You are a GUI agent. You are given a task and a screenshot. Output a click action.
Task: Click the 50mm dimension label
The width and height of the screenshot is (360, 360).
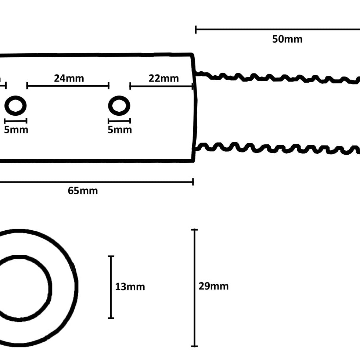[x=287, y=39]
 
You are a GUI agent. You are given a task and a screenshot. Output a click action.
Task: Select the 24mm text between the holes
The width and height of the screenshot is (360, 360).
[x=69, y=78]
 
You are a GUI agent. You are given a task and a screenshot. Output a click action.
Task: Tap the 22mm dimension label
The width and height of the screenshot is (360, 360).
[x=163, y=78]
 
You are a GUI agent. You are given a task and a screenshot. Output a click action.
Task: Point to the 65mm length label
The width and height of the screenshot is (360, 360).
[x=83, y=191]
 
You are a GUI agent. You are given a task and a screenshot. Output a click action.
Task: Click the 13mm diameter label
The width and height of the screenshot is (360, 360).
[x=130, y=287]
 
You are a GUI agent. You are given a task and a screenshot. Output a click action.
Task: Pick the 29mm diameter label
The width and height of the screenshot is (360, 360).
[x=213, y=286]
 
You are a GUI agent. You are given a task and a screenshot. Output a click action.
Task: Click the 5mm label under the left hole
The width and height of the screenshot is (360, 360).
[x=16, y=130]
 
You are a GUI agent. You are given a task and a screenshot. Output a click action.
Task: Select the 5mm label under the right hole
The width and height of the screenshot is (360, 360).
[x=119, y=130]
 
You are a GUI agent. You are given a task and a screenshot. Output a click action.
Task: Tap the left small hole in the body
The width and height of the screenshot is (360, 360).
[x=15, y=106]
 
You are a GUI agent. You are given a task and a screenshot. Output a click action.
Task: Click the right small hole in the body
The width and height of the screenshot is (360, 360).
[x=119, y=106]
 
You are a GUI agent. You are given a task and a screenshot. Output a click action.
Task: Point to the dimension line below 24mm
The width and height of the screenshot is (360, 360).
[x=68, y=86]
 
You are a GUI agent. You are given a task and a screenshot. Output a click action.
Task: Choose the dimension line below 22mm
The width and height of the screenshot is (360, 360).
[x=162, y=86]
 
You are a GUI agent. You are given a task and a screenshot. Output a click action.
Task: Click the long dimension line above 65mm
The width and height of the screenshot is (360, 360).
[x=96, y=181]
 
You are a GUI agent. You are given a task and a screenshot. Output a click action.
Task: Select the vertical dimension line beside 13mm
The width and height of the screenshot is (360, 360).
[x=111, y=287]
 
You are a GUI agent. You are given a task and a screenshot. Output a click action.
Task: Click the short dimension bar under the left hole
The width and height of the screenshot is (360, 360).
[x=15, y=121]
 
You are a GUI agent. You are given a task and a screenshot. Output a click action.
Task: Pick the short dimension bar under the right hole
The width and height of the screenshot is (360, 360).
[x=119, y=121]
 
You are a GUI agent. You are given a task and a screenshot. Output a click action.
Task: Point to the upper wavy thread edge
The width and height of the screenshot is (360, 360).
[x=276, y=78]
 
